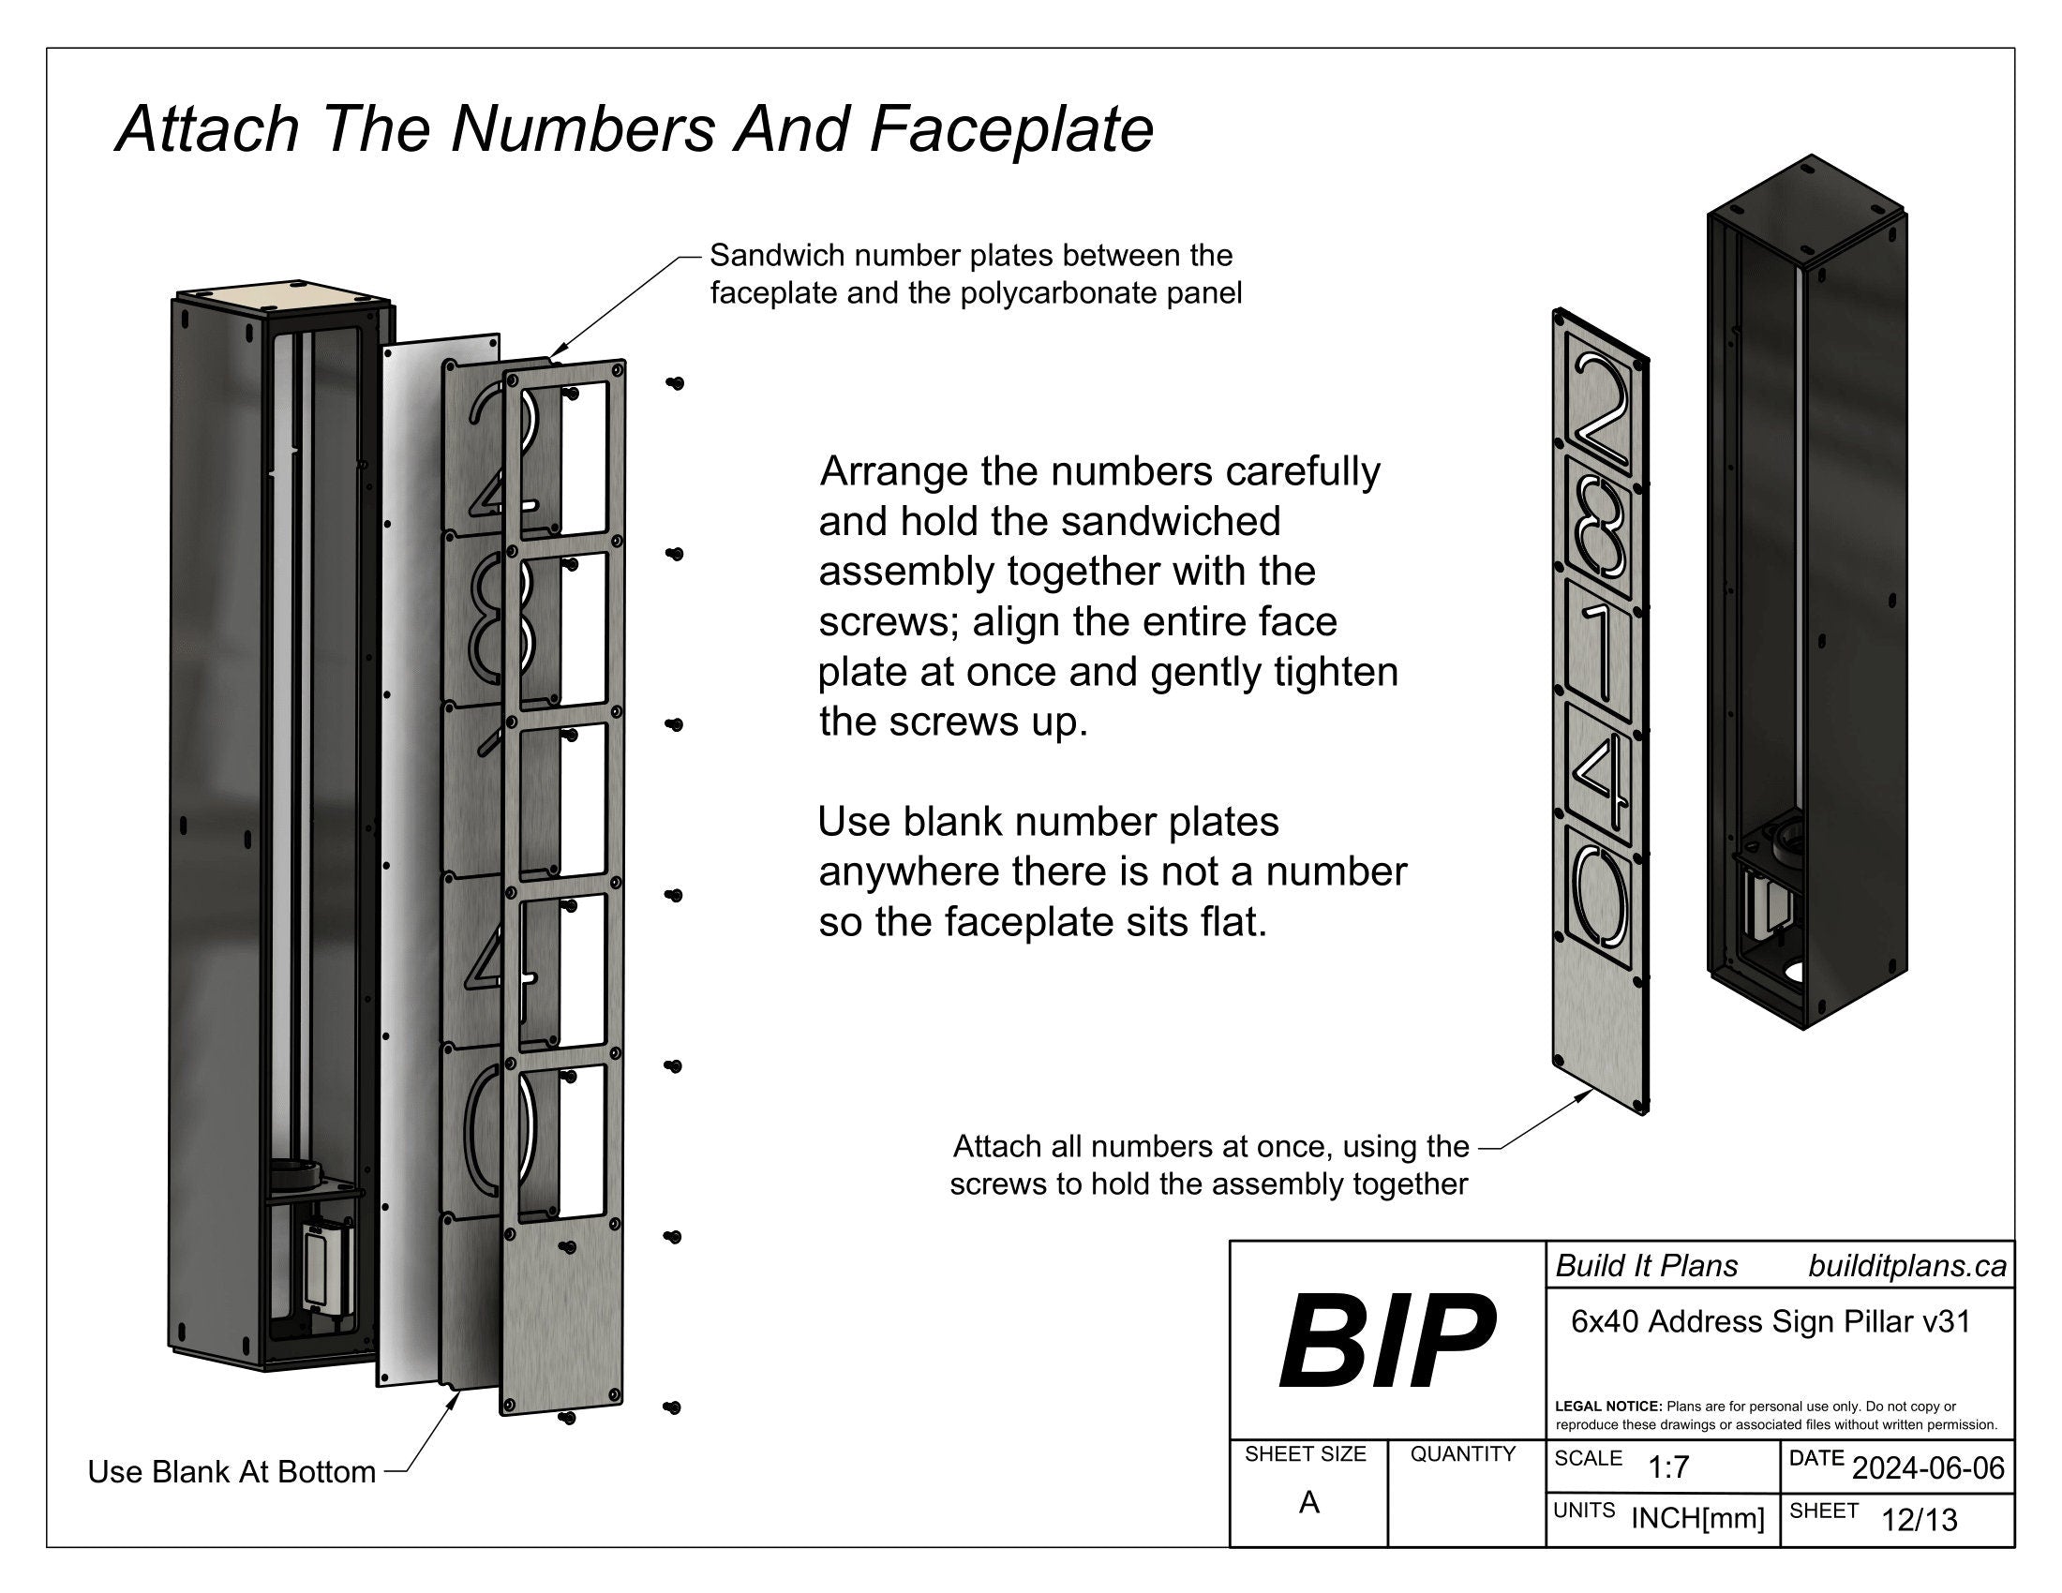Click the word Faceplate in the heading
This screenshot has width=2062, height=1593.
[1010, 129]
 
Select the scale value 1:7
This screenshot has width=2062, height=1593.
[1667, 1467]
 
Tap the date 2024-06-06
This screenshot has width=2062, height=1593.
[1928, 1467]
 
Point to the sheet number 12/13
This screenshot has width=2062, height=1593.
[1919, 1519]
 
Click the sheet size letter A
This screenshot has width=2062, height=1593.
[1308, 1502]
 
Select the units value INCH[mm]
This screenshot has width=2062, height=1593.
[1697, 1518]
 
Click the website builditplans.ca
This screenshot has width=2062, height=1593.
[1906, 1267]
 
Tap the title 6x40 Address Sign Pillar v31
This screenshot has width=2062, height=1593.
[1771, 1321]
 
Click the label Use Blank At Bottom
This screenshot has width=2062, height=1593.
[232, 1471]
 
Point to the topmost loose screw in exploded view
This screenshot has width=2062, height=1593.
[674, 383]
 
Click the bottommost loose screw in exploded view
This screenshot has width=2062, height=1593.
[671, 1407]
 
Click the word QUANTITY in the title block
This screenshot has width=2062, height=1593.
[1462, 1454]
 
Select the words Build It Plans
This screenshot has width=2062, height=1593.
[1646, 1267]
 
